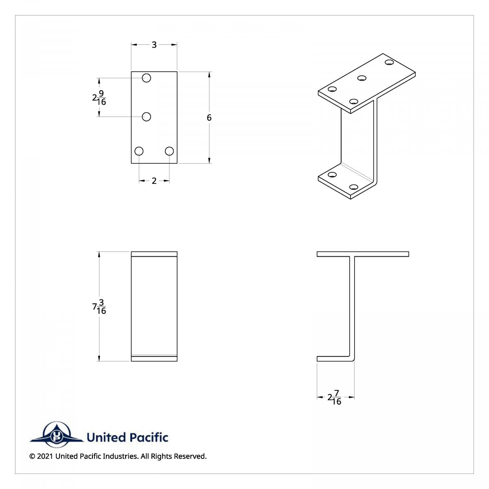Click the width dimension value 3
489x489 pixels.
click(154, 45)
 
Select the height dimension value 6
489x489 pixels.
click(209, 118)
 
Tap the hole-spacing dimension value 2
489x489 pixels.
click(154, 181)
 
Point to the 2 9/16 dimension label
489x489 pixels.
click(99, 98)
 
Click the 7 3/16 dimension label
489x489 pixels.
click(99, 306)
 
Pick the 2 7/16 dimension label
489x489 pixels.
click(335, 397)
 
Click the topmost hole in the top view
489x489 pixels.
click(147, 78)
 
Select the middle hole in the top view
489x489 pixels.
click(147, 117)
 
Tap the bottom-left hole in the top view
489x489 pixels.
click(139, 151)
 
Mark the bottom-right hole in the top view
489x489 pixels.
click(170, 151)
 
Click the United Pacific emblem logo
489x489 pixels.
click(56, 435)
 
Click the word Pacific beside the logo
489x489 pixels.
click(148, 438)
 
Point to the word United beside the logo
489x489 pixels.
click(106, 438)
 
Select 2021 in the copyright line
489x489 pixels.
click(45, 456)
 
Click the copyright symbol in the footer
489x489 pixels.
click(32, 456)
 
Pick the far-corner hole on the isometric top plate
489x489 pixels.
click(389, 62)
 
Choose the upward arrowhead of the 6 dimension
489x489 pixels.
click(209, 75)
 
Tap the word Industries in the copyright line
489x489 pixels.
click(120, 456)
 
